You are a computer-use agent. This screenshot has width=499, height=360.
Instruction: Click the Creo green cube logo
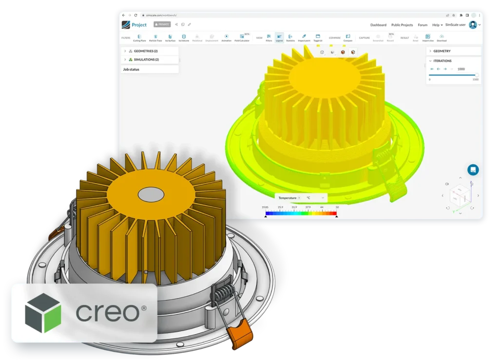43,313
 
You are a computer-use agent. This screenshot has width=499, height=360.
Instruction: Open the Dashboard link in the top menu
378,25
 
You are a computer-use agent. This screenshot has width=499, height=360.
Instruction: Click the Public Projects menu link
402,25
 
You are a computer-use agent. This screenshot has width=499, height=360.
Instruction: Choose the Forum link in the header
422,25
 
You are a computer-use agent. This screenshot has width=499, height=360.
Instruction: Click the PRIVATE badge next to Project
162,24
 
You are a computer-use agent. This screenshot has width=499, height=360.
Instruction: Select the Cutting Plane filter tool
139,38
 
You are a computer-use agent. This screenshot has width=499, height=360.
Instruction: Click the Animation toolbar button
226,38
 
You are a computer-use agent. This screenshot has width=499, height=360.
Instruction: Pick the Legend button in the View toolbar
279,38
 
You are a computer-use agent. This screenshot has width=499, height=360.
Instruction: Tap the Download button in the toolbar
441,38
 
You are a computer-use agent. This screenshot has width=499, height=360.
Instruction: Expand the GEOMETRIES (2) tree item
145,51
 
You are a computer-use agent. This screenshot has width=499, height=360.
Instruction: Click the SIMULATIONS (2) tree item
146,59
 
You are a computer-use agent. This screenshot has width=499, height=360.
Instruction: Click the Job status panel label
131,70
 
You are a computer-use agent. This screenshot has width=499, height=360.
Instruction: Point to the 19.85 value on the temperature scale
265,207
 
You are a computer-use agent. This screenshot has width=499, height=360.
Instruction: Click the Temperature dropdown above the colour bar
288,198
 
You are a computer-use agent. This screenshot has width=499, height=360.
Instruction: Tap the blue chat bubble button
473,170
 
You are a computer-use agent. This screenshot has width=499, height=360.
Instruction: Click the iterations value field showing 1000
461,69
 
